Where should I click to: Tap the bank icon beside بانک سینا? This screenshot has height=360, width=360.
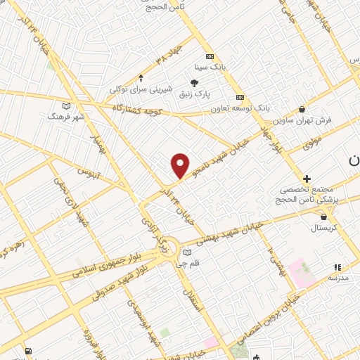(209, 57)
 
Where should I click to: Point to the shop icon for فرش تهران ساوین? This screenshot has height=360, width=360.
(302, 109)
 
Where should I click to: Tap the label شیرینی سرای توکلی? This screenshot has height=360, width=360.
(141, 89)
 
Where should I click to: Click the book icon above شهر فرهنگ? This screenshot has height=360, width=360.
(67, 105)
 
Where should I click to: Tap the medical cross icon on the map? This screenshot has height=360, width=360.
(307, 179)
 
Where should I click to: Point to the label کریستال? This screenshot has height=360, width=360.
(324, 229)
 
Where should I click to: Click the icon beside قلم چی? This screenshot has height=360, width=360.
(187, 253)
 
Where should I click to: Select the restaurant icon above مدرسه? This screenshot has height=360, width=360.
(337, 267)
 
